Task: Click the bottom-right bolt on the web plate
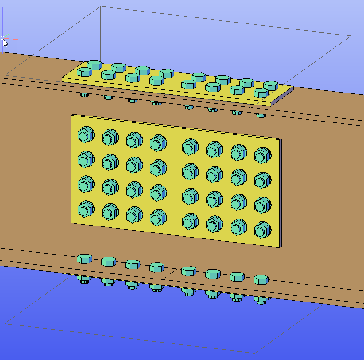coord(262,230)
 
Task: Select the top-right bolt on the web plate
coord(262,155)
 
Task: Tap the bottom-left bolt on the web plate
coord(84,209)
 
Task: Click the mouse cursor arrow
coord(5,42)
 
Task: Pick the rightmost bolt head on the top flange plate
coord(272,85)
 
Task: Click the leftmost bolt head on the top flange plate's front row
coord(85,72)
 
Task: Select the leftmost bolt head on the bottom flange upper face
coord(84,259)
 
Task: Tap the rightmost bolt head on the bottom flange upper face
coord(261,279)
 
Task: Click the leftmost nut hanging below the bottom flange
coord(83,279)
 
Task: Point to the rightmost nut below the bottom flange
coord(261,300)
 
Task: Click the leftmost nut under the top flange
coord(84,95)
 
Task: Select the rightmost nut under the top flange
coord(261,115)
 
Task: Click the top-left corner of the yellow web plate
coord(72,116)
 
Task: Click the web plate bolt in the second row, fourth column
coord(158,168)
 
